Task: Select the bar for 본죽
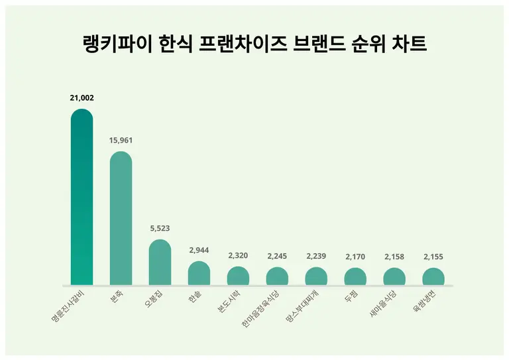pyautogui.click(x=121, y=219)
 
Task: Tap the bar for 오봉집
pyautogui.click(x=160, y=263)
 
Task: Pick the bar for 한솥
pyautogui.click(x=199, y=273)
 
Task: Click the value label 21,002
pyautogui.click(x=82, y=97)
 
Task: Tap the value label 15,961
pyautogui.click(x=121, y=140)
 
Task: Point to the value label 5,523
pyautogui.click(x=160, y=228)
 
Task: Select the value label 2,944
pyautogui.click(x=199, y=250)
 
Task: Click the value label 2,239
pyautogui.click(x=316, y=256)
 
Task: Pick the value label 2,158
pyautogui.click(x=394, y=256)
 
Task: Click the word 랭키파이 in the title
pyautogui.click(x=117, y=45)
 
